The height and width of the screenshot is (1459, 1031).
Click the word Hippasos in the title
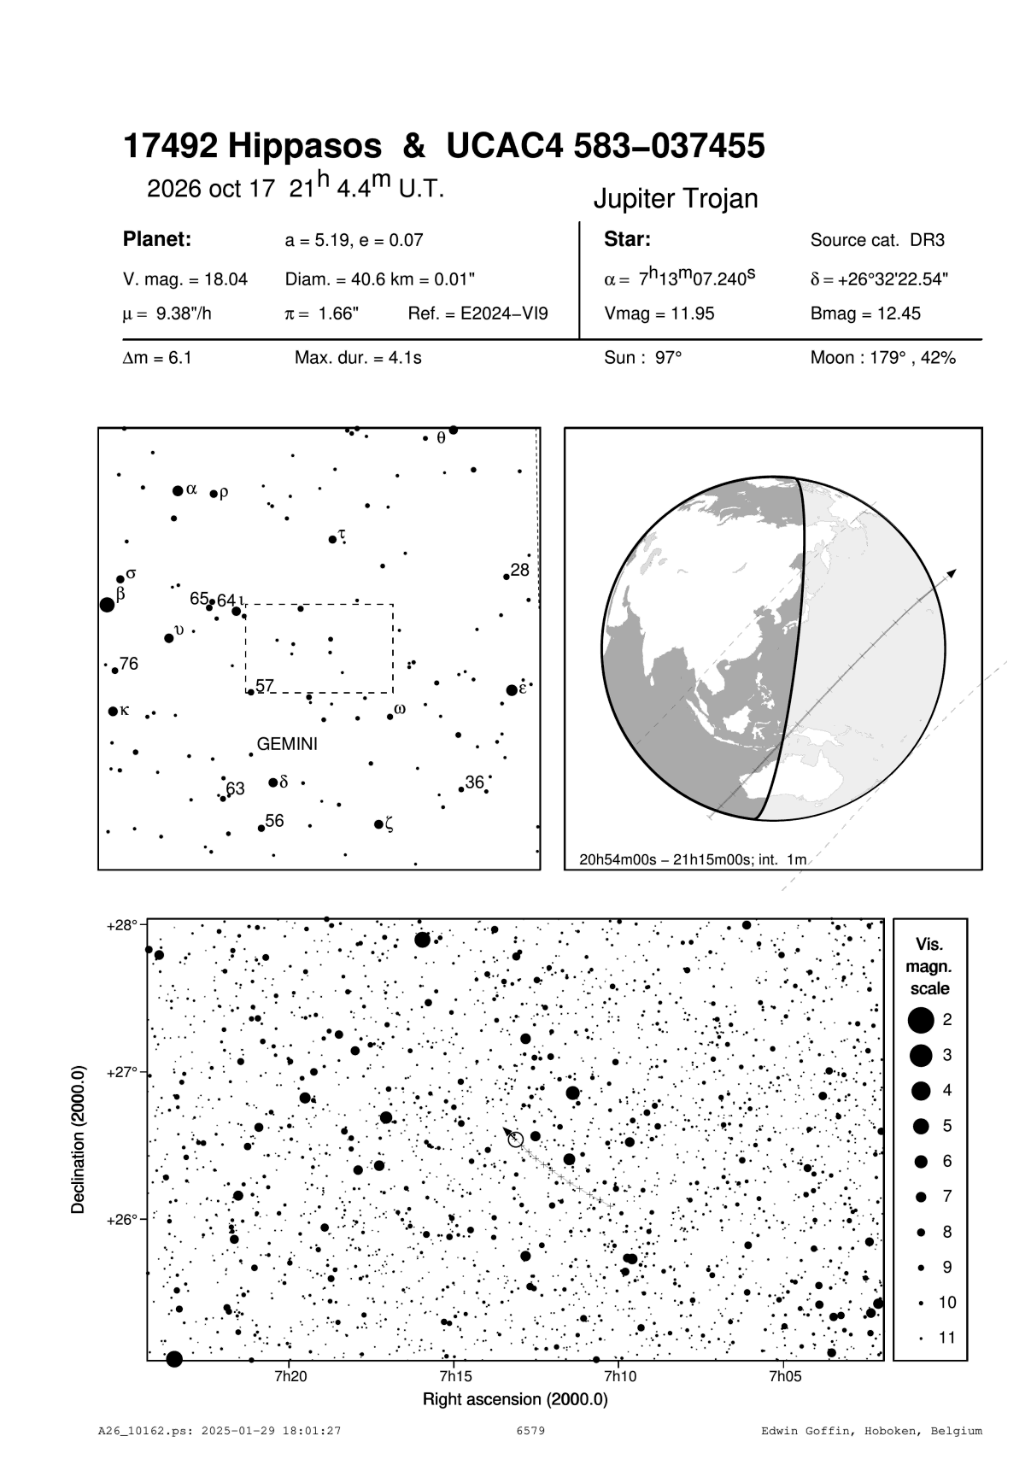tap(305, 147)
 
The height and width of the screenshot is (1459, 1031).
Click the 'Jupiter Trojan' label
tap(676, 199)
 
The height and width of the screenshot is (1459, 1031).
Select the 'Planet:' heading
tap(156, 239)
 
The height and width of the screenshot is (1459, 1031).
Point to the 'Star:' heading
tap(628, 239)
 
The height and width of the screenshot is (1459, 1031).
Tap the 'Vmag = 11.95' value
tap(659, 313)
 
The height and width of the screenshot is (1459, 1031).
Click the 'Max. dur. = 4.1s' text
tap(358, 358)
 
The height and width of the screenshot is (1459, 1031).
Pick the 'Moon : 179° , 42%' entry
tap(882, 358)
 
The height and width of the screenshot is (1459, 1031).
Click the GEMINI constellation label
tap(287, 744)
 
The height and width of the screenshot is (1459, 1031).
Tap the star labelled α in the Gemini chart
tap(178, 490)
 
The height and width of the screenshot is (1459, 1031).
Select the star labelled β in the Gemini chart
tap(107, 605)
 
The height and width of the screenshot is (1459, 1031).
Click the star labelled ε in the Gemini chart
tap(512, 690)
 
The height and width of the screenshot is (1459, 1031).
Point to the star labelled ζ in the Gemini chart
tap(378, 824)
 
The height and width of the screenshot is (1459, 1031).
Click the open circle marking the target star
tap(516, 1140)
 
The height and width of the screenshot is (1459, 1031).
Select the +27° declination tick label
tap(122, 1072)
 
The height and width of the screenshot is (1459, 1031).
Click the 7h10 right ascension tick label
tap(619, 1376)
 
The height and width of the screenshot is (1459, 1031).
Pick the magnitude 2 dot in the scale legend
tap(921, 1019)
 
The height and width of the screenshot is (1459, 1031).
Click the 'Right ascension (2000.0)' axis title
tap(515, 1399)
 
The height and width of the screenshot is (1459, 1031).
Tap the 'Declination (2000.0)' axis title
tap(79, 1138)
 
